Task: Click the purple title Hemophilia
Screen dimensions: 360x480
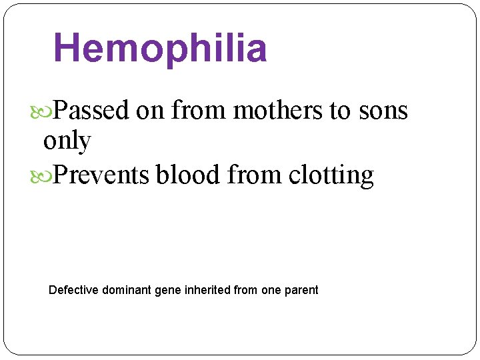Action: (x=160, y=49)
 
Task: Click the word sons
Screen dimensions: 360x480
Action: (x=383, y=110)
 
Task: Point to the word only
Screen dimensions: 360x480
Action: (x=67, y=141)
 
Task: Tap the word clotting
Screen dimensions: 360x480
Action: (x=331, y=175)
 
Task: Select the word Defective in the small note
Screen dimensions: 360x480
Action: (x=73, y=290)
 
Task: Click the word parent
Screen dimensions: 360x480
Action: (x=301, y=291)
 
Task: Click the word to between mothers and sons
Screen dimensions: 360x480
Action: (x=339, y=110)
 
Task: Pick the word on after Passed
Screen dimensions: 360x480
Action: (x=150, y=110)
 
